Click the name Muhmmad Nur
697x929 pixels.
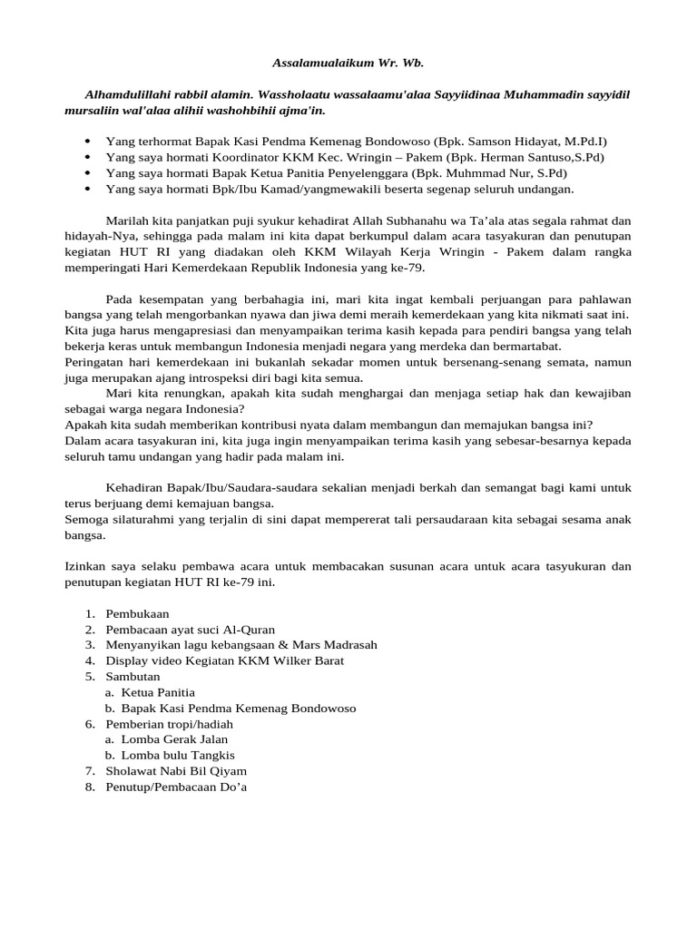[488, 173]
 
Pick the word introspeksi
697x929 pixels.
[237, 378]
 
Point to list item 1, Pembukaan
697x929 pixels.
[137, 614]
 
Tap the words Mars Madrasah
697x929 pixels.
[337, 645]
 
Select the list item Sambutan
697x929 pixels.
[133, 677]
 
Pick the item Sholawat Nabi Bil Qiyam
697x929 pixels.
[176, 771]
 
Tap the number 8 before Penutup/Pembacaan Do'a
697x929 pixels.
[90, 787]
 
